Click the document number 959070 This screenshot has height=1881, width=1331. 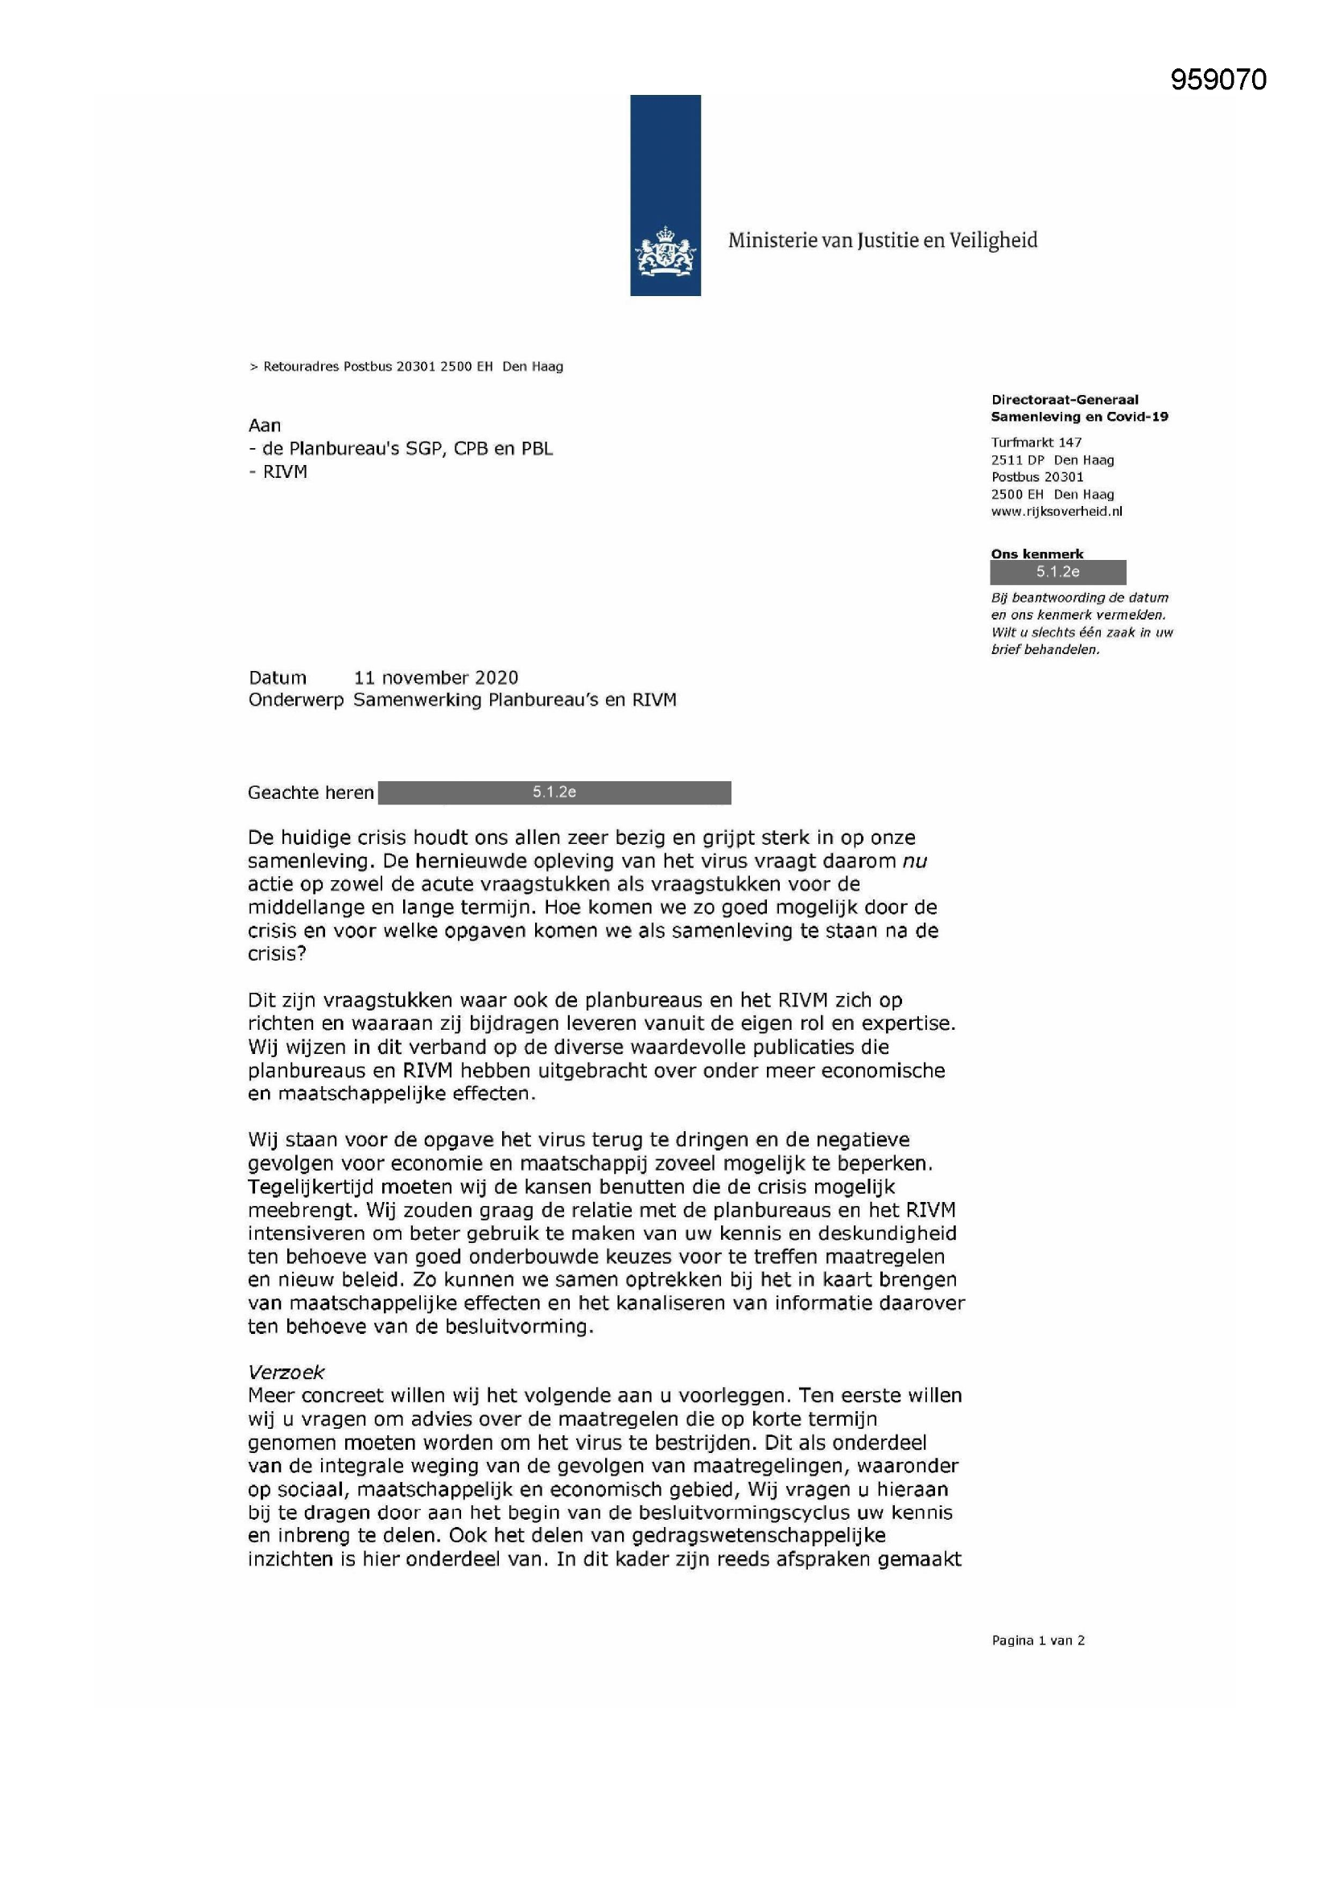point(1218,80)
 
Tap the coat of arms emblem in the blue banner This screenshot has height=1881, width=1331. point(665,253)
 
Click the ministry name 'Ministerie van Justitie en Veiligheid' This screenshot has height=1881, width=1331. point(882,241)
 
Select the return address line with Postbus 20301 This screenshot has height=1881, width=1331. point(406,366)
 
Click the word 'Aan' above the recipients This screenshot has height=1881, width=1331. point(265,425)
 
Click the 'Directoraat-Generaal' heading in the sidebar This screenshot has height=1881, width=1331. point(1064,400)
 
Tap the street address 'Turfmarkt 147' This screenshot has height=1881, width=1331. point(1036,442)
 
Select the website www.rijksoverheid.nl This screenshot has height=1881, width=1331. point(1057,511)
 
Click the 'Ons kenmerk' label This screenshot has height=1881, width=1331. point(1036,554)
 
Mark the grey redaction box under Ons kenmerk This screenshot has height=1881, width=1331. point(1057,572)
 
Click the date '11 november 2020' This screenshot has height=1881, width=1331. point(436,677)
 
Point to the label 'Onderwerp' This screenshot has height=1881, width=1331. point(296,701)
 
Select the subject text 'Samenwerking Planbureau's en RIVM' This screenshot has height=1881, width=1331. point(515,701)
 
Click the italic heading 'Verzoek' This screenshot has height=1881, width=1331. point(286,1373)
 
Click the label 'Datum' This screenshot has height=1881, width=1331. point(277,677)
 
